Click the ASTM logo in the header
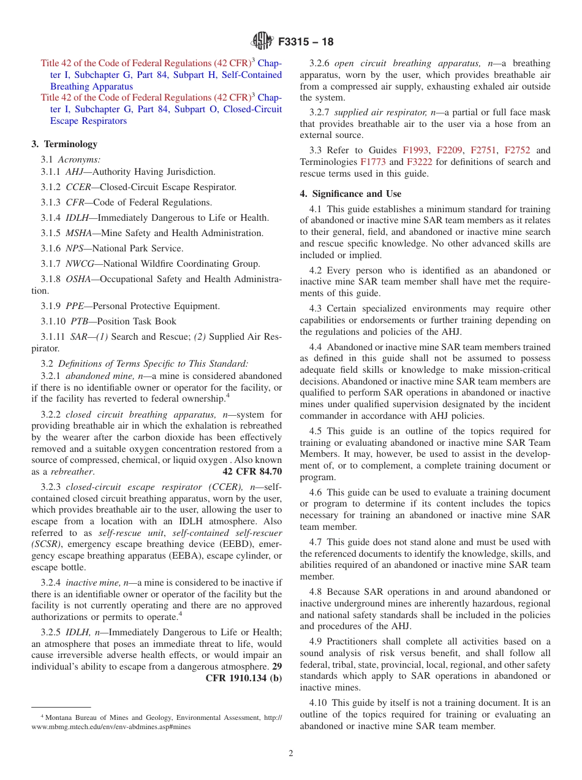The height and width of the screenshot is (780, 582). click(x=263, y=42)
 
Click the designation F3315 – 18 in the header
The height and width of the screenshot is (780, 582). click(x=306, y=42)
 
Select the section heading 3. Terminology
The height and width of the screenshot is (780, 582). click(x=64, y=144)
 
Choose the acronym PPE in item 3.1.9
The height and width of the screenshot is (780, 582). click(x=76, y=306)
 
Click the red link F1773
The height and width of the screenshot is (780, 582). click(x=373, y=162)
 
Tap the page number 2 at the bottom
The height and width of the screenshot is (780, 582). click(x=291, y=754)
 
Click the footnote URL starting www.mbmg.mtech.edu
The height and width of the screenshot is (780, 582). click(x=111, y=727)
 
